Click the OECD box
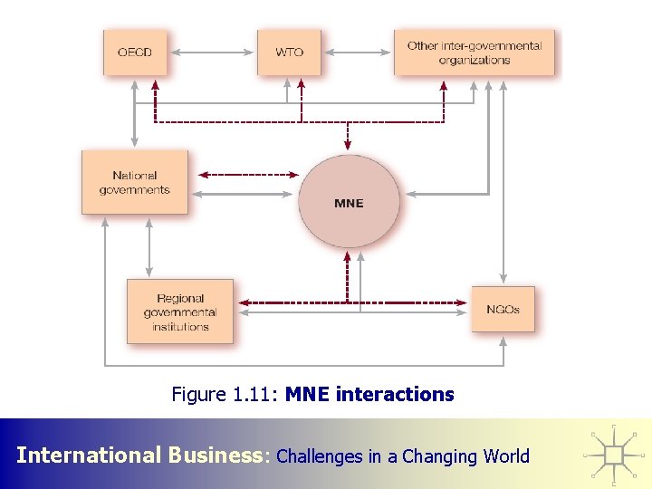coord(135,52)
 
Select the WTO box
coord(289,52)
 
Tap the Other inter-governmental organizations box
coord(474,53)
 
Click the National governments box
coord(135,182)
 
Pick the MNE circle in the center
coord(349,202)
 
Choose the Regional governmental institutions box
coord(180,312)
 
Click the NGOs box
coord(503,309)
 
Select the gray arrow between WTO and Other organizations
coord(357,52)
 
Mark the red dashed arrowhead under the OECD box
coord(155,83)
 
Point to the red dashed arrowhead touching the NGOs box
coord(465,302)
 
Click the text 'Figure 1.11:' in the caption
coord(225,394)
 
